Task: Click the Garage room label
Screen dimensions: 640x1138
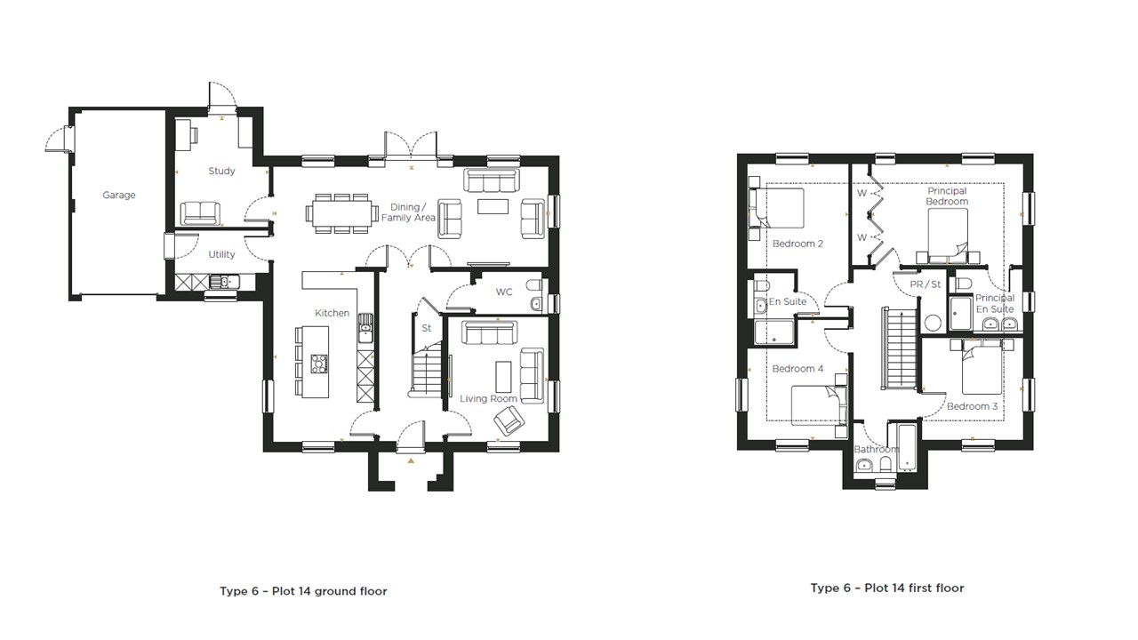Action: point(118,195)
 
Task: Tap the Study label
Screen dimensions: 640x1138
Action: point(221,171)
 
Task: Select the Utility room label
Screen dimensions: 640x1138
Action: point(221,254)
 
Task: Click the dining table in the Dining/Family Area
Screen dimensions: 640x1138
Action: point(342,213)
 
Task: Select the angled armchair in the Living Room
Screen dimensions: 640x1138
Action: point(509,419)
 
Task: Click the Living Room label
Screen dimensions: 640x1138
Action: point(488,399)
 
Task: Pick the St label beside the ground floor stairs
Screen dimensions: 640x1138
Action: point(426,328)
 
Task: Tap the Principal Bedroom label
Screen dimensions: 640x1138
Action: point(947,196)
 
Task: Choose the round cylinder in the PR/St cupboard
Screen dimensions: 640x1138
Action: point(933,323)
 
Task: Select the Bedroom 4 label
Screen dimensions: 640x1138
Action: point(797,369)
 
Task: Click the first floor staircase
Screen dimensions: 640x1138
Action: point(894,347)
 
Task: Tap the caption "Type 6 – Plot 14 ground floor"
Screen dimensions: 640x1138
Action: point(303,591)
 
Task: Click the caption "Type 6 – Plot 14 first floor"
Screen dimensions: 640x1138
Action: point(886,588)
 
